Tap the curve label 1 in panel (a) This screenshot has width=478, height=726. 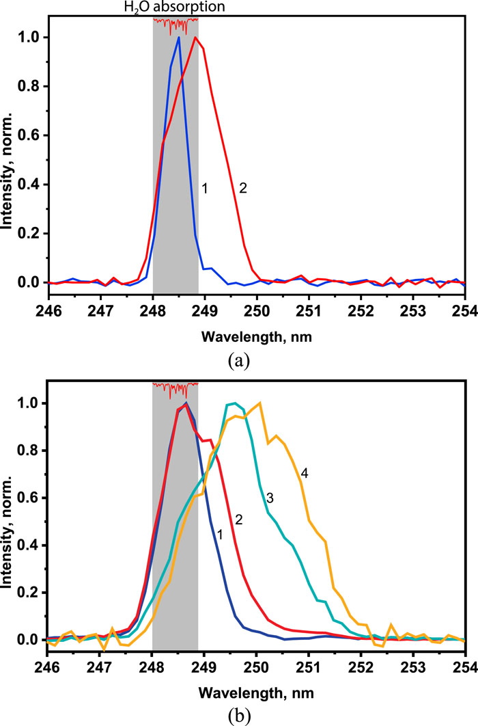pyautogui.click(x=203, y=187)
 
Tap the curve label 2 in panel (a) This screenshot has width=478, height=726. pyautogui.click(x=242, y=187)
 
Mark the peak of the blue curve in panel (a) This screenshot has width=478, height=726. pyautogui.click(x=179, y=37)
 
